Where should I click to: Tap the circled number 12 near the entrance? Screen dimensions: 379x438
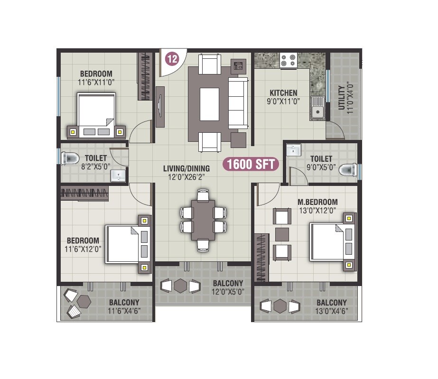pyautogui.click(x=172, y=59)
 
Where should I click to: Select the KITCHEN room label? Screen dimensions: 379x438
pyautogui.click(x=283, y=93)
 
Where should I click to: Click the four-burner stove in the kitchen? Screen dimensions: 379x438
pyautogui.click(x=288, y=60)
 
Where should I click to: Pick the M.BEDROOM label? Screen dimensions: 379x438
pyautogui.click(x=318, y=202)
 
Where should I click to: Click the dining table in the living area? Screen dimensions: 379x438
pyautogui.click(x=203, y=219)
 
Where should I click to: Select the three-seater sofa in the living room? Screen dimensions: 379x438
pyautogui.click(x=237, y=103)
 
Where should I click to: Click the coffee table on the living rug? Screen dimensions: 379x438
pyautogui.click(x=209, y=104)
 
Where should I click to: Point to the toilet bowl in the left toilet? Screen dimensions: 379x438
pyautogui.click(x=71, y=157)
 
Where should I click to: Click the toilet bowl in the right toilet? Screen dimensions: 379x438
pyautogui.click(x=349, y=169)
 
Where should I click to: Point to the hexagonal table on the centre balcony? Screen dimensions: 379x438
pyautogui.click(x=180, y=286)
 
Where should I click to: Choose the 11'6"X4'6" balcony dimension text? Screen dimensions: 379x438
pyautogui.click(x=123, y=311)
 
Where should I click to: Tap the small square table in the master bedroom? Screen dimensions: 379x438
pyautogui.click(x=282, y=234)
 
